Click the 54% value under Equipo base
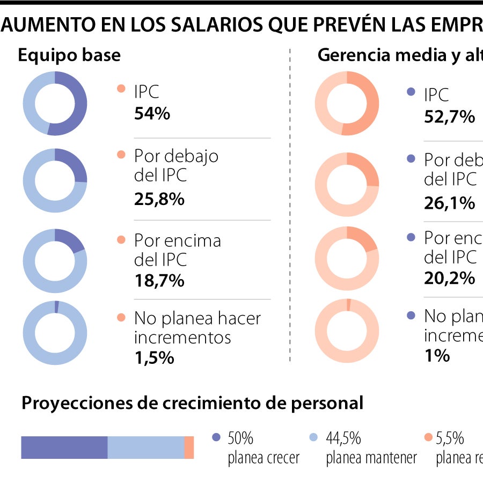click(152, 114)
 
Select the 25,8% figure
click(159, 199)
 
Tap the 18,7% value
click(159, 280)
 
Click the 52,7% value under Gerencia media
click(449, 116)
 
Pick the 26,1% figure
click(449, 203)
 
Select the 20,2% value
click(449, 278)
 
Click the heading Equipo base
click(69, 55)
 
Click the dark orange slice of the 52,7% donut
click(371, 105)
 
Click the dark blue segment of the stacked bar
click(64, 448)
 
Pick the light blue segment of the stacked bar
click(145, 448)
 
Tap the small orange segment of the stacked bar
click(189, 448)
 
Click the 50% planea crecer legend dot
click(216, 437)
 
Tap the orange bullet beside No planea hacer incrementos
click(121, 317)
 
